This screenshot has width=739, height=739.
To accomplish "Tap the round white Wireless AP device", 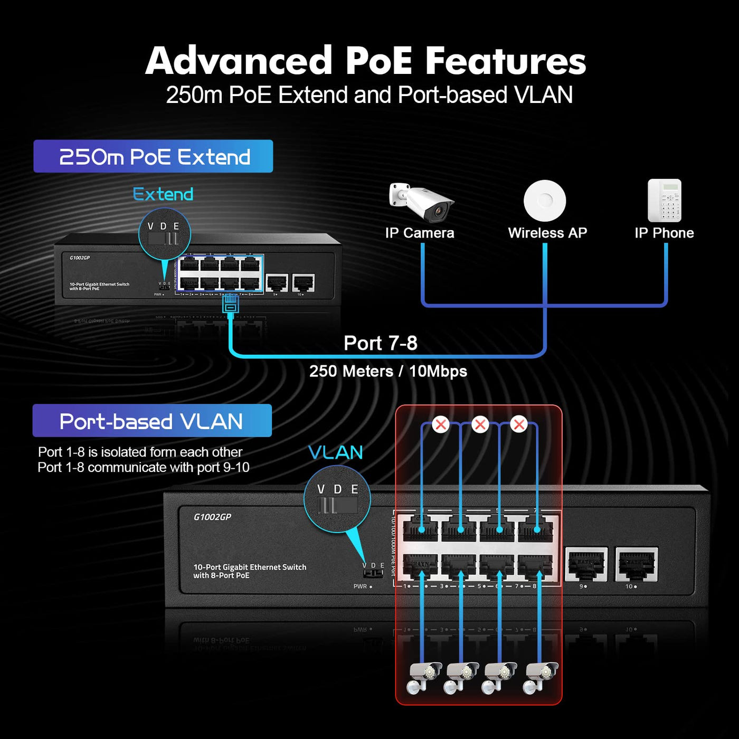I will [x=545, y=201].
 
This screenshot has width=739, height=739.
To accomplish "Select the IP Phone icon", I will [x=665, y=201].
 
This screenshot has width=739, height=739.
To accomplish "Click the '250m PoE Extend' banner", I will [x=153, y=156].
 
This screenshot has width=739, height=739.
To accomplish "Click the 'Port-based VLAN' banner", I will [x=152, y=421].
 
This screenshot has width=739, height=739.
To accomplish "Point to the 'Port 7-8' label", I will [x=381, y=343].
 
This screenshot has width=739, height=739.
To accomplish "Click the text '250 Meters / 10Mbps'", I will [x=388, y=371].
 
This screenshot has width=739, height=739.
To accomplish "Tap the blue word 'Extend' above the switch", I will [x=163, y=194].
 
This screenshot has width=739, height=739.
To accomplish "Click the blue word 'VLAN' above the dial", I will [x=336, y=452].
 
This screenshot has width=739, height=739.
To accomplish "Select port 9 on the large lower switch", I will [x=586, y=564].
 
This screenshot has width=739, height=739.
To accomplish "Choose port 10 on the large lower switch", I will [x=637, y=564].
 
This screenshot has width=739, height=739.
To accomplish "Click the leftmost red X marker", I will [x=440, y=424].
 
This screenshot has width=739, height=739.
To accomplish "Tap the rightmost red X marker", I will [x=519, y=424].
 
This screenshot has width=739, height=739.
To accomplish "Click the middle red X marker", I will [x=480, y=424].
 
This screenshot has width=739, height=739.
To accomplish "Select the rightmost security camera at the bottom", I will [x=542, y=677].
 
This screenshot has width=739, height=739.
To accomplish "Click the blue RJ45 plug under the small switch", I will [x=231, y=304].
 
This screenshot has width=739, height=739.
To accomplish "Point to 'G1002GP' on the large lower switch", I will [x=212, y=517].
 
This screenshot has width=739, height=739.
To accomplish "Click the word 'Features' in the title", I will [x=505, y=61].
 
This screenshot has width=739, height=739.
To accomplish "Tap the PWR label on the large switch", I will [x=361, y=586].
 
